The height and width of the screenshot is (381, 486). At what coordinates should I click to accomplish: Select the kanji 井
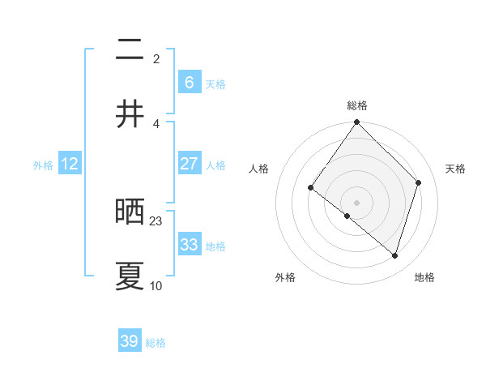click(130, 113)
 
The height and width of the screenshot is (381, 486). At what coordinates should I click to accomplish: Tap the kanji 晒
click(130, 212)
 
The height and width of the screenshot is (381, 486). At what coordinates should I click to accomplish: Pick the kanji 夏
click(130, 276)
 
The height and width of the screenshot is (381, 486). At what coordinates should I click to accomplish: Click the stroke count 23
click(156, 220)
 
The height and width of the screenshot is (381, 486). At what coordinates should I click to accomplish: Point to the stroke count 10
click(156, 285)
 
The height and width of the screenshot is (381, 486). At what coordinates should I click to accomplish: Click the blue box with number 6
click(189, 82)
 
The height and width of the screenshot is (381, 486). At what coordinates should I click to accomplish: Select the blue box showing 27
click(189, 164)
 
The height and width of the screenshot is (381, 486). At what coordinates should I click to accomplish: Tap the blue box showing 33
click(189, 244)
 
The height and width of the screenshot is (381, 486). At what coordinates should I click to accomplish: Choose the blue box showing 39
click(130, 341)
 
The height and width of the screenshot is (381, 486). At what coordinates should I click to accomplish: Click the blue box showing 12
click(70, 164)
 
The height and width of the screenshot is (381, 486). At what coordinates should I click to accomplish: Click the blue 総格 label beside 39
click(156, 343)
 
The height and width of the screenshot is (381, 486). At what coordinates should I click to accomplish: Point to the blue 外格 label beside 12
click(43, 165)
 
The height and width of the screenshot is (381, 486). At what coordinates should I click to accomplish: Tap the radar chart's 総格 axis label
click(357, 105)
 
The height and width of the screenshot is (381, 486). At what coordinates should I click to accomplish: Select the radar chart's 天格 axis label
click(455, 169)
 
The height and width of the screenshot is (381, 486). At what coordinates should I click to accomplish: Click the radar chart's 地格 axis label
click(424, 277)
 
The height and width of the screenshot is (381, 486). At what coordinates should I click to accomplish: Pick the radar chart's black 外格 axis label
click(285, 277)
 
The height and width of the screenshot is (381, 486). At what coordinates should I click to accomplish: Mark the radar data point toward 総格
click(357, 123)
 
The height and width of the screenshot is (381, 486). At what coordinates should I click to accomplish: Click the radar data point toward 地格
click(395, 255)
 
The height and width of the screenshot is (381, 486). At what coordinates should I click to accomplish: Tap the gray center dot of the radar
click(357, 202)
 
